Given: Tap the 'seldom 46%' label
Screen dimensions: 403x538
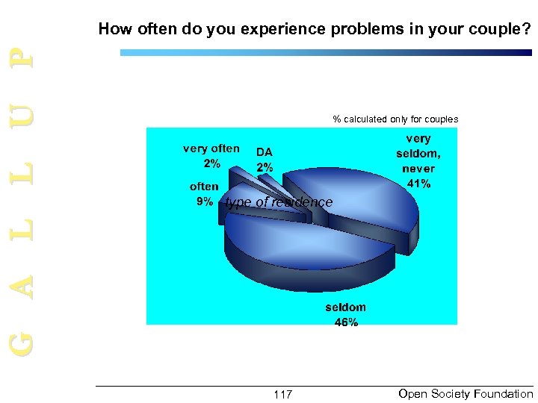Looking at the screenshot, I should [345, 315].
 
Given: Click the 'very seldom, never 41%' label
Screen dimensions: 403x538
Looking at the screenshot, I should [418, 160].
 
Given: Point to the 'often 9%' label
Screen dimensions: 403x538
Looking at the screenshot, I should [204, 194].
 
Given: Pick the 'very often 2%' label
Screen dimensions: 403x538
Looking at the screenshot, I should [211, 155].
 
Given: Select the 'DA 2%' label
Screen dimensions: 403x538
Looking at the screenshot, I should [265, 160].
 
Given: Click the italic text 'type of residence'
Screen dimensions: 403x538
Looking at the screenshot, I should [279, 202].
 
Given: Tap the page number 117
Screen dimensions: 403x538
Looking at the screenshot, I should [282, 394].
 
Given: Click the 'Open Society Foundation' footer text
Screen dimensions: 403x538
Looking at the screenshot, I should [466, 393].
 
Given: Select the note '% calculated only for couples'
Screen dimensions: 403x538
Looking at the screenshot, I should [395, 119].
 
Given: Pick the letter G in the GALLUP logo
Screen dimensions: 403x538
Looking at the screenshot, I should [24, 343].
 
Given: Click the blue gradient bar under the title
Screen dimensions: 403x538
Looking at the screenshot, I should [326, 53].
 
